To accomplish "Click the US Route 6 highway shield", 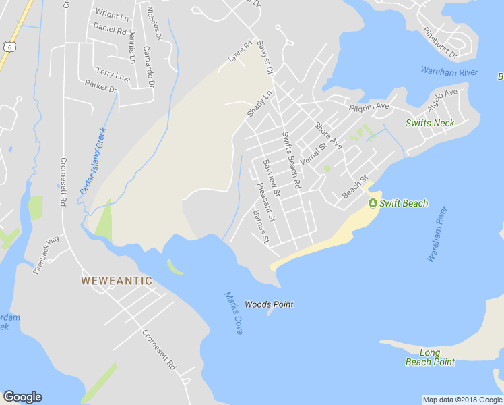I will pyautogui.click(x=8, y=45).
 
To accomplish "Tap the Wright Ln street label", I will pyautogui.click(x=112, y=13).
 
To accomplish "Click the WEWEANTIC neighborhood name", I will pyautogui.click(x=117, y=280).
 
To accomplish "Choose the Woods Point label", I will pyautogui.click(x=269, y=304).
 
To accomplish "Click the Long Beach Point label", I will pyautogui.click(x=430, y=357).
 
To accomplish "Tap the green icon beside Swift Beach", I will pyautogui.click(x=372, y=203).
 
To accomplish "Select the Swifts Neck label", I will pyautogui.click(x=430, y=123).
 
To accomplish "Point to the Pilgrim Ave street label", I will pyautogui.click(x=369, y=107).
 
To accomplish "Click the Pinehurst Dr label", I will pyautogui.click(x=439, y=43).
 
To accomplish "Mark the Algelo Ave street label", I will pyautogui.click(x=442, y=101).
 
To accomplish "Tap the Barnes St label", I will pyautogui.click(x=261, y=227).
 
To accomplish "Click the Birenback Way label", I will pyautogui.click(x=46, y=254).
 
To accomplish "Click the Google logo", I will pyautogui.click(x=22, y=397).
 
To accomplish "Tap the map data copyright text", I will pyautogui.click(x=462, y=400).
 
